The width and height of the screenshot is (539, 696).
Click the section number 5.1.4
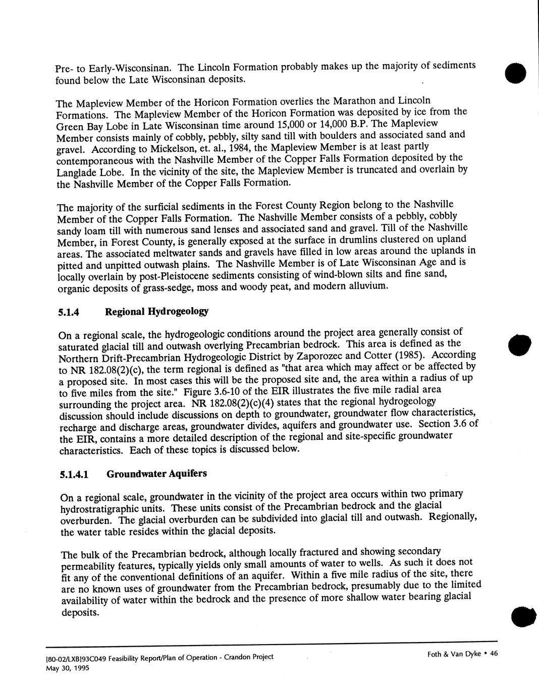coord(69,313)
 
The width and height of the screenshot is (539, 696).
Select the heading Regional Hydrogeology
coord(156,311)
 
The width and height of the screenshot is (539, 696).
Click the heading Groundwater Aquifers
coord(156,474)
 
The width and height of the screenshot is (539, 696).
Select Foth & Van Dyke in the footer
coord(454,654)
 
